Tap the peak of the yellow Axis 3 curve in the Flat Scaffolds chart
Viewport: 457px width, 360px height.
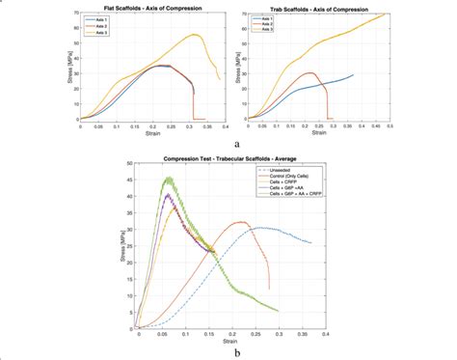(196, 35)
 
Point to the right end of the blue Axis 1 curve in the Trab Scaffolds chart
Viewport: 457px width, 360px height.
(353, 74)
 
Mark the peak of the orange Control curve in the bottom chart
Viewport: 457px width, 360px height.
(241, 222)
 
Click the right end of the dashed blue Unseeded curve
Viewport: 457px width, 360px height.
(311, 242)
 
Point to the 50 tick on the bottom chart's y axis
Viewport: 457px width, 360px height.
(132, 163)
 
